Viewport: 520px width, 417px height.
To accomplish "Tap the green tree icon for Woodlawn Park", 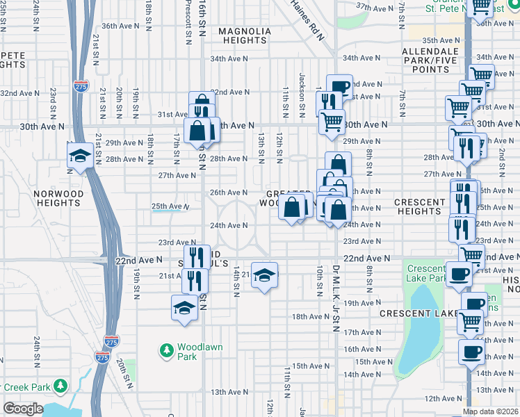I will tap(166, 351).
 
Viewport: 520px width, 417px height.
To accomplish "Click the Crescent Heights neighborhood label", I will tap(419, 206).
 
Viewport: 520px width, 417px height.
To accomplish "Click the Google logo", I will tap(22, 409).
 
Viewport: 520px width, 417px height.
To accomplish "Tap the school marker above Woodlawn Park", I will tap(184, 307).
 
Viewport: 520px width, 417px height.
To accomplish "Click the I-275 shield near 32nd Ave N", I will tap(80, 86).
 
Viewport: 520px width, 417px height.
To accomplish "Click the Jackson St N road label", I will tap(302, 95).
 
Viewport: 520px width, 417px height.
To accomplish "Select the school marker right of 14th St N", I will tap(264, 275).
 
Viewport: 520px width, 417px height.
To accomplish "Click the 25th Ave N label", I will tap(170, 206).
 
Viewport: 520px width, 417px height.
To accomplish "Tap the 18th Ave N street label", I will tap(309, 316).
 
